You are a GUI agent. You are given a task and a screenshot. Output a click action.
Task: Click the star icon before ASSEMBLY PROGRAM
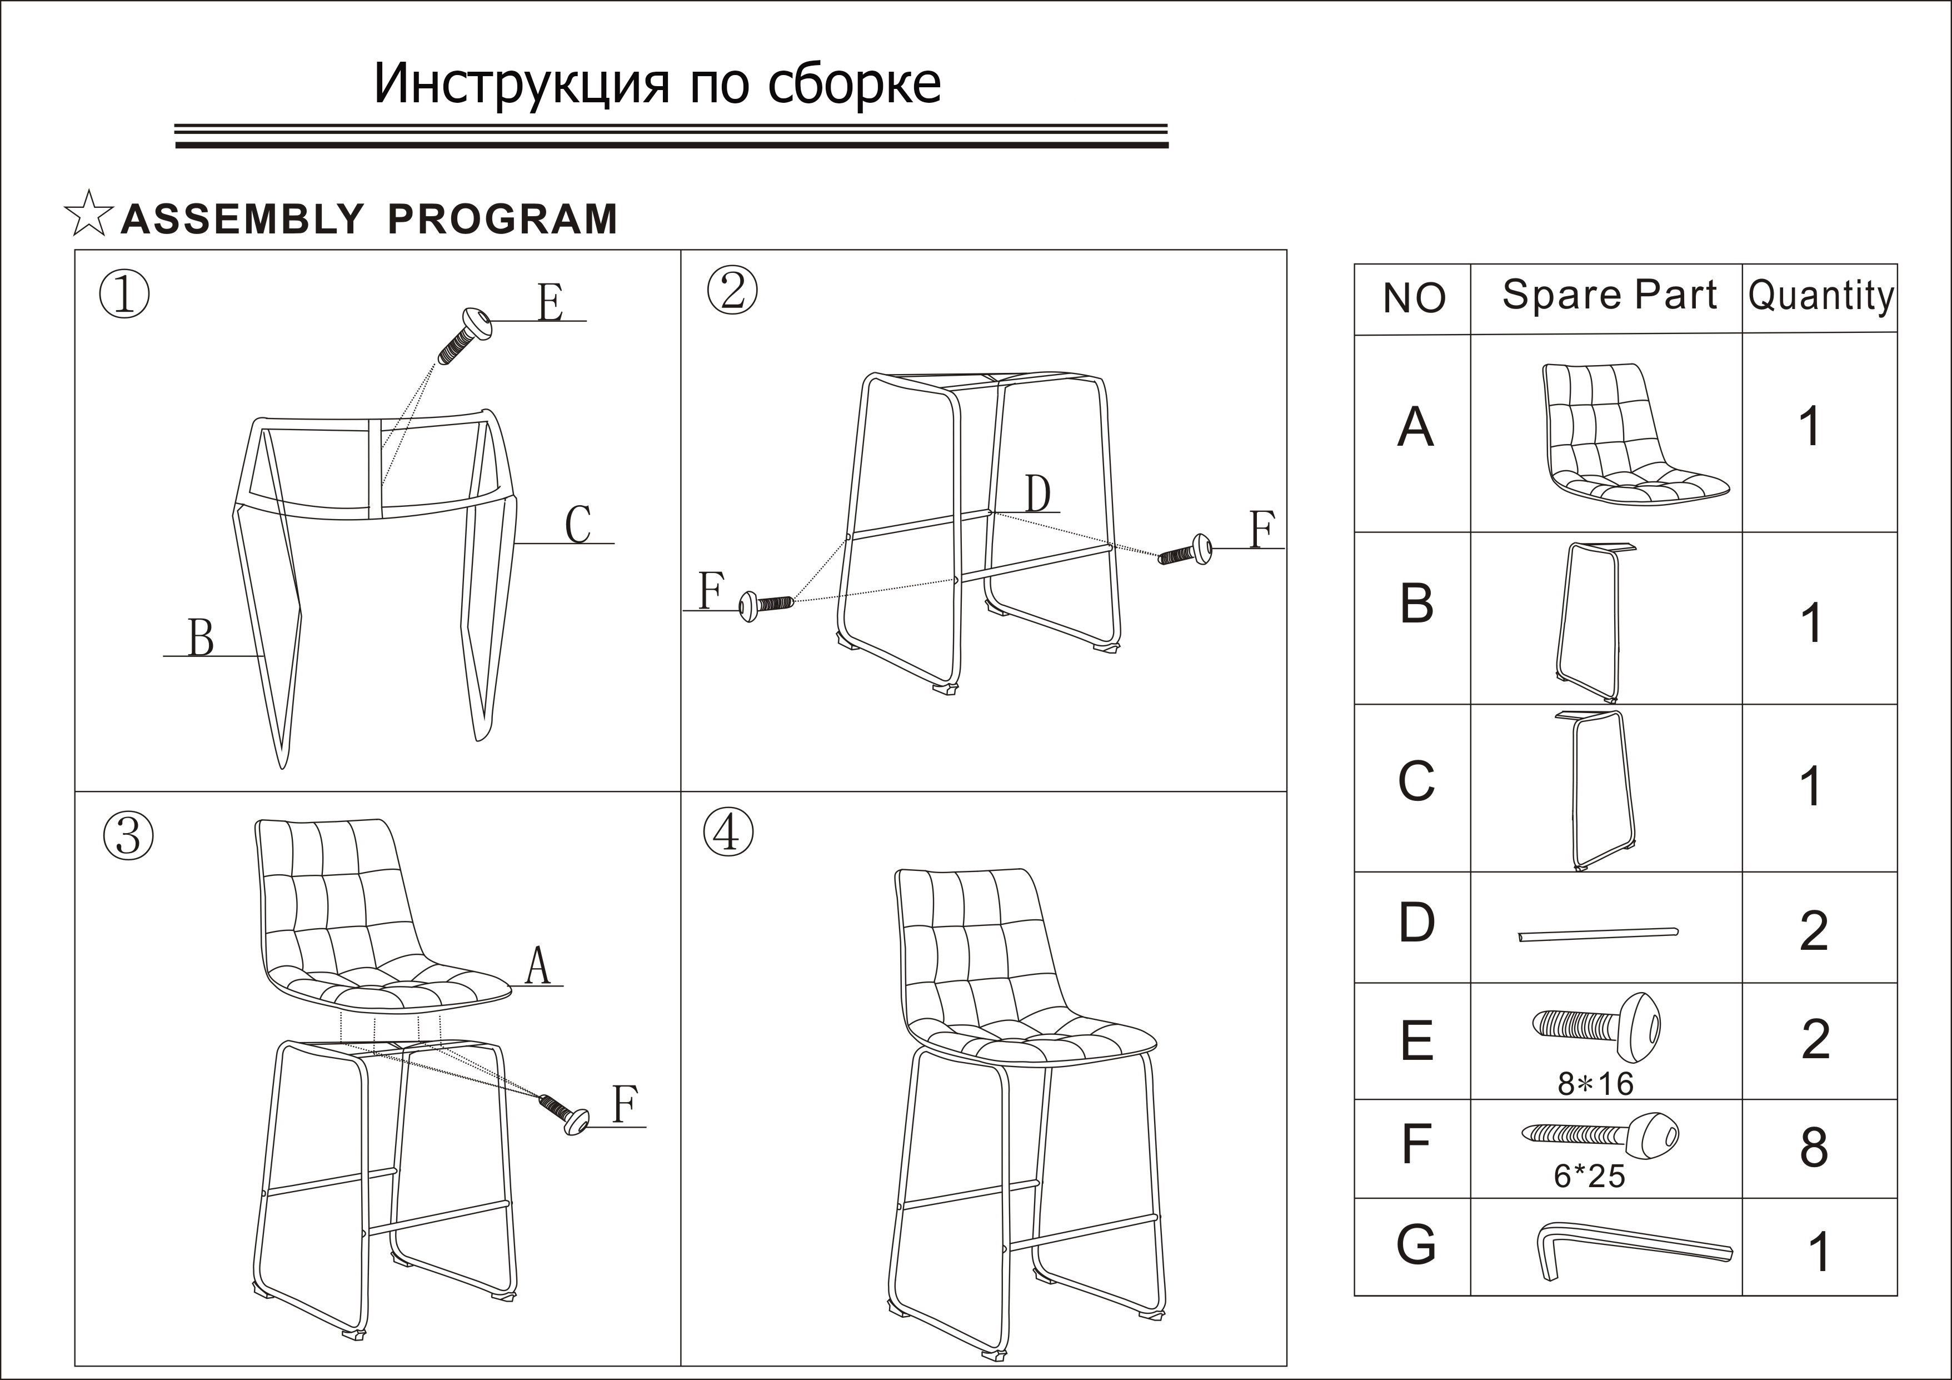point(88,215)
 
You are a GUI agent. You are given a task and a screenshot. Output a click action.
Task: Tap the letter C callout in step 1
point(578,525)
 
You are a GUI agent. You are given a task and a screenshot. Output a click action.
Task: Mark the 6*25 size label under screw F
point(1589,1177)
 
